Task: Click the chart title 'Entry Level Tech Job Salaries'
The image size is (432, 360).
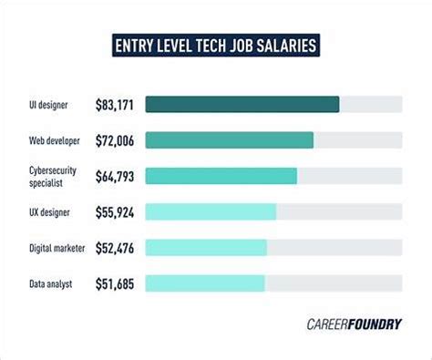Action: point(216,46)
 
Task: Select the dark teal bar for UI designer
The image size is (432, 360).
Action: point(242,105)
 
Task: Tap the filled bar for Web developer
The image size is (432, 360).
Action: point(230,140)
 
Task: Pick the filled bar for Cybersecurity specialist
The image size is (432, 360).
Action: point(221,176)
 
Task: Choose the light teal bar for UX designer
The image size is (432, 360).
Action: point(211,211)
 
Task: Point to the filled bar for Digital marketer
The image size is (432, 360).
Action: point(206,248)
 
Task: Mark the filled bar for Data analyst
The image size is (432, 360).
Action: point(205,283)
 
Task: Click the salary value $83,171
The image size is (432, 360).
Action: point(115,105)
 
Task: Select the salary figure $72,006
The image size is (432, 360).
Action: point(115,141)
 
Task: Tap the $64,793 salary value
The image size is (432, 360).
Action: point(115,177)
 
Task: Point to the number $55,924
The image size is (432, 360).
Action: point(115,212)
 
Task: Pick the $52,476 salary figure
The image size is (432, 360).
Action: point(115,248)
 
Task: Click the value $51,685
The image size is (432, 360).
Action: point(115,284)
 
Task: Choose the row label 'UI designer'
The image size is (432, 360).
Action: point(48,105)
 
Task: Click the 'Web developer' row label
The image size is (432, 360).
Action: point(55,140)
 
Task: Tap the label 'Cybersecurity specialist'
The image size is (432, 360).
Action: point(53,177)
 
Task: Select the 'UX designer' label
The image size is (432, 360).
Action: point(49,212)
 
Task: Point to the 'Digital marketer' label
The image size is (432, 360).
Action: point(57,248)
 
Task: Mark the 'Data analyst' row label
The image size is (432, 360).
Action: point(50,284)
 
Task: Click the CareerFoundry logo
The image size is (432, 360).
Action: point(355,324)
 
